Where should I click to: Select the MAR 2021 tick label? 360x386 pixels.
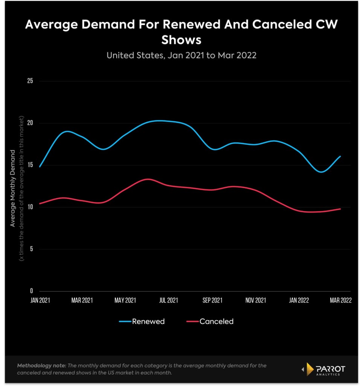[82, 300]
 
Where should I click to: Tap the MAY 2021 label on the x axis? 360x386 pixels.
[125, 300]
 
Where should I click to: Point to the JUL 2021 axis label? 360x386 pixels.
[168, 300]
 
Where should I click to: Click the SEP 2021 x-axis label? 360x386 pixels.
[212, 300]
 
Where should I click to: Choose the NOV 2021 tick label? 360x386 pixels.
[255, 300]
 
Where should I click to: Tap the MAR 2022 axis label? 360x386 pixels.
[341, 300]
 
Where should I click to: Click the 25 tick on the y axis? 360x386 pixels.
[30, 81]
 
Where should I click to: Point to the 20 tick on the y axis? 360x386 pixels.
[30, 123]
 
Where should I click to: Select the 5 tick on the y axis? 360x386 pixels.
[32, 249]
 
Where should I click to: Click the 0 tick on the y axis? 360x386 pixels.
[32, 291]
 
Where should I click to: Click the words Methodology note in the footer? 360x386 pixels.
[41, 366]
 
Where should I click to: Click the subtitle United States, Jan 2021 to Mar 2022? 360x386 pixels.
[181, 55]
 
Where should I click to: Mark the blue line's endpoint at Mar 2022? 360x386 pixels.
[340, 156]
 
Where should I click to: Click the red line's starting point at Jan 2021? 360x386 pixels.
[39, 204]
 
